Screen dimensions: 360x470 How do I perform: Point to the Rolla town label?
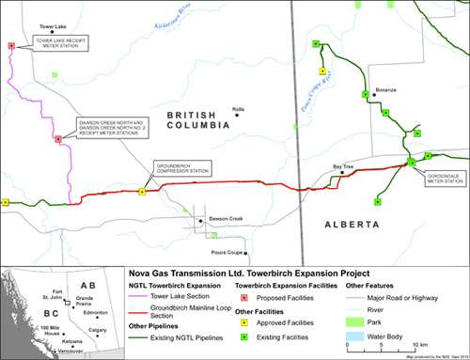237,109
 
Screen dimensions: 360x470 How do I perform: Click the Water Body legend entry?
384,333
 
